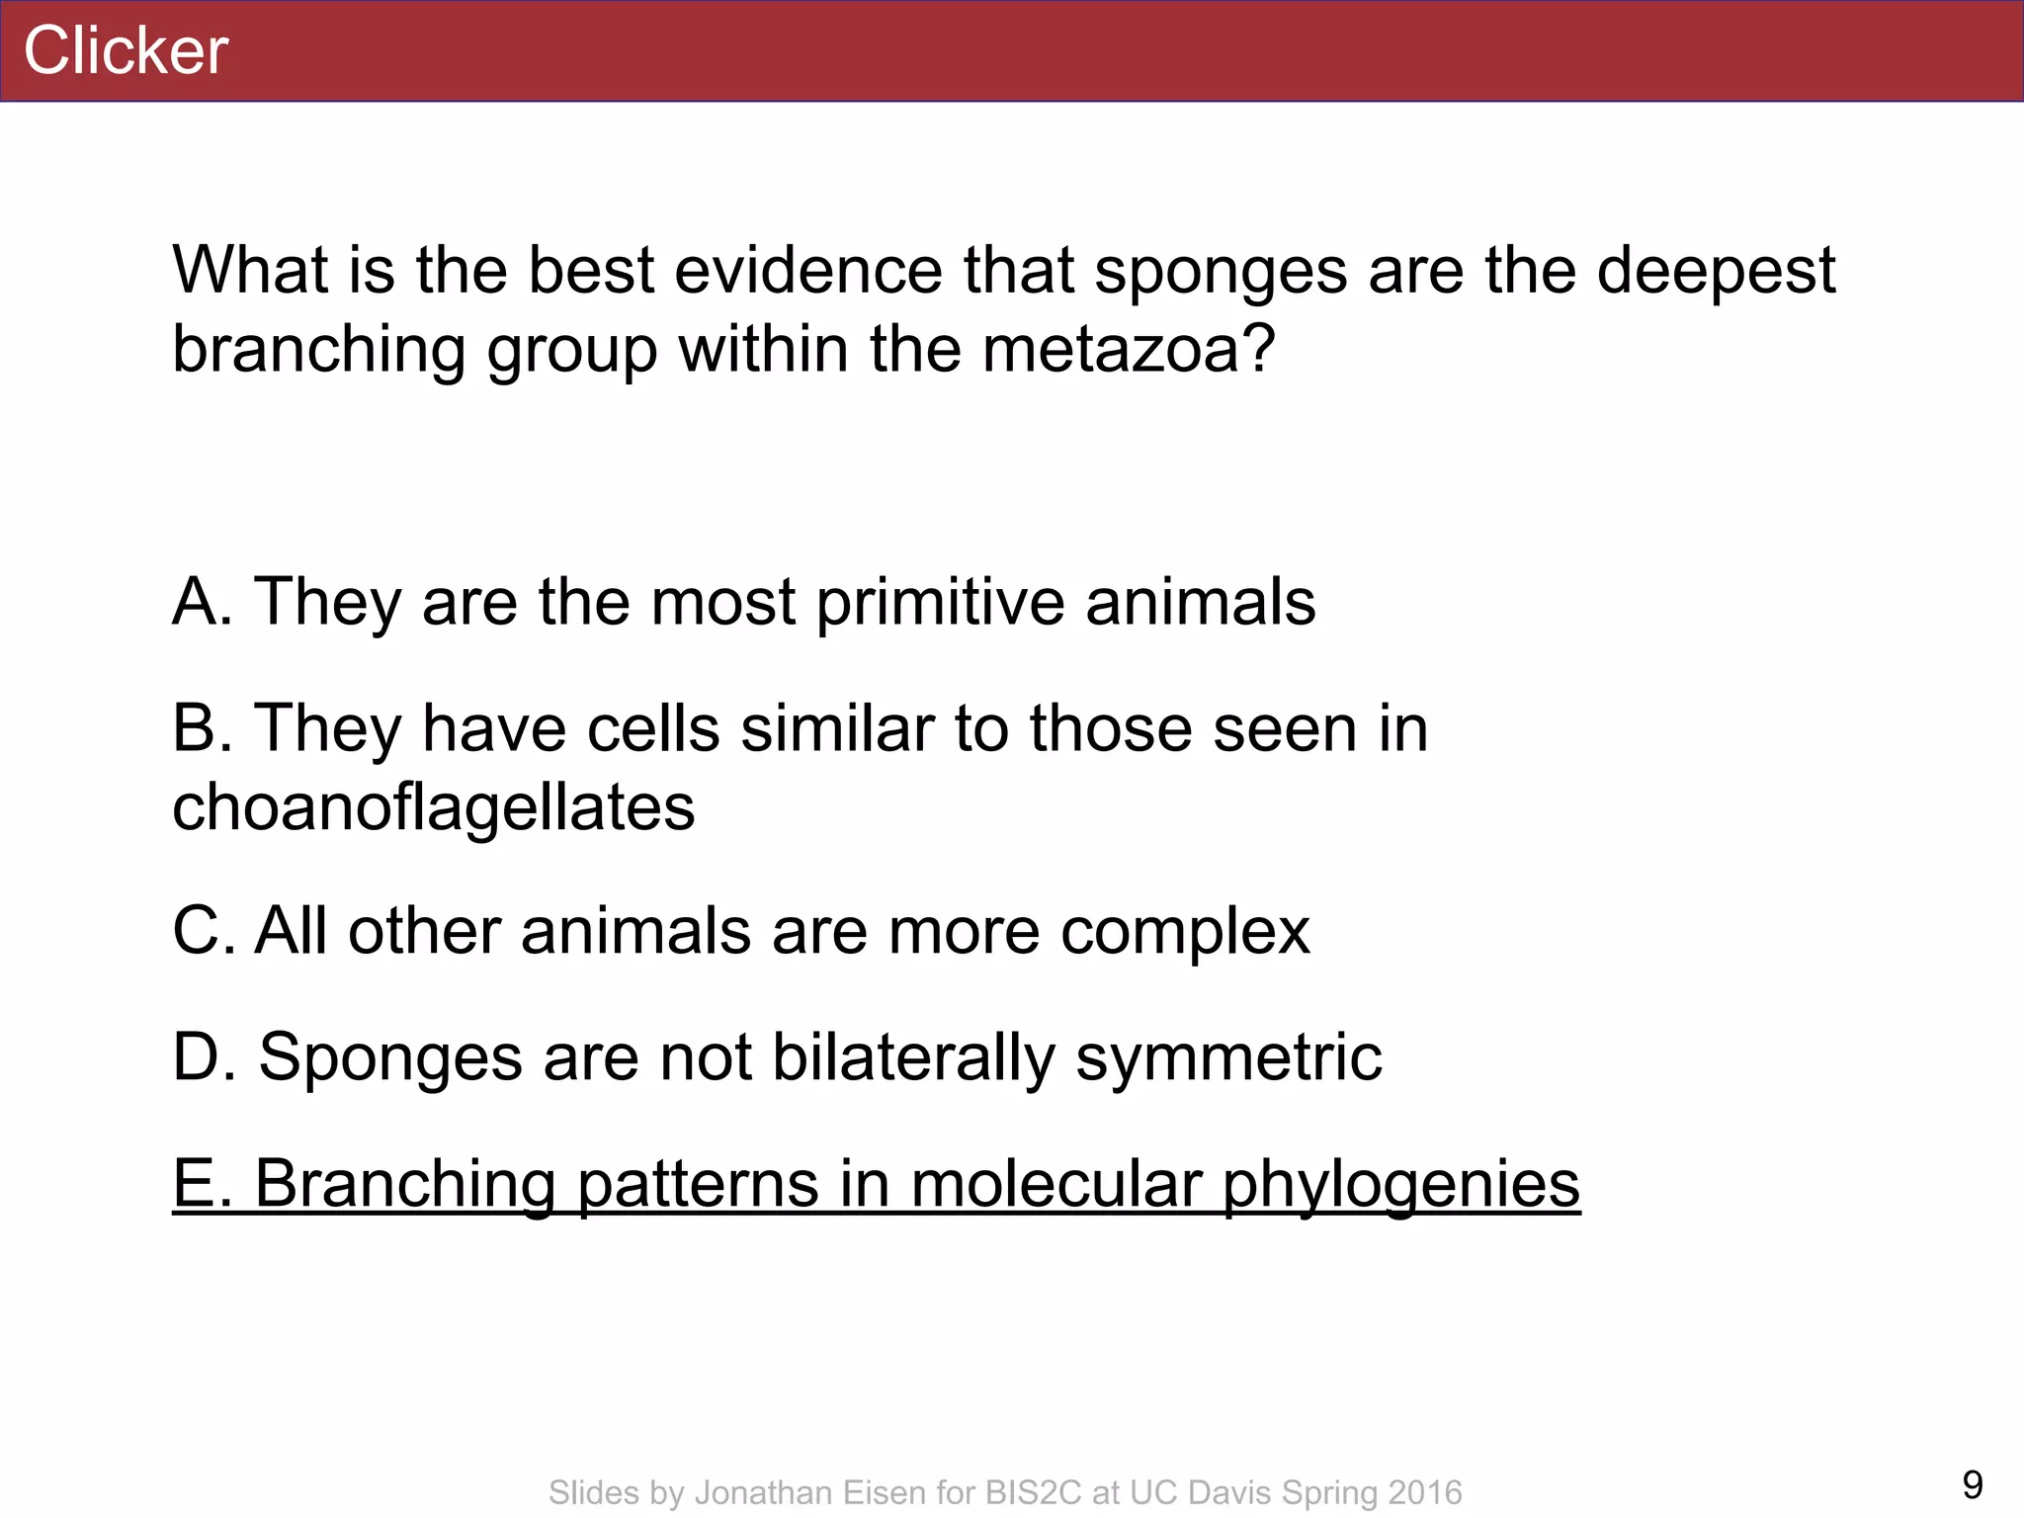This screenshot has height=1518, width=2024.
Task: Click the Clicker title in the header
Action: pyautogui.click(x=126, y=50)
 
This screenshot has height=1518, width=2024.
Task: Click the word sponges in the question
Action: pyautogui.click(x=1221, y=271)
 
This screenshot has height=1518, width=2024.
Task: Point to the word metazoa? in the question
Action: pyautogui.click(x=1129, y=350)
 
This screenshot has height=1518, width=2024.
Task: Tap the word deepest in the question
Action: pyautogui.click(x=1716, y=271)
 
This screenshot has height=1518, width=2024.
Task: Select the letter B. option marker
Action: pyautogui.click(x=202, y=728)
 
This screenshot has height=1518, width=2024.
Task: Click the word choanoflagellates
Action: pyautogui.click(x=433, y=807)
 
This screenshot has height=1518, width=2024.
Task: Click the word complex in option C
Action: pyautogui.click(x=1185, y=933)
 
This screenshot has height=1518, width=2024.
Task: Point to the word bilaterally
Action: pyautogui.click(x=913, y=1058)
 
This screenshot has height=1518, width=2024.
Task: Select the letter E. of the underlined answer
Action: pyautogui.click(x=202, y=1183)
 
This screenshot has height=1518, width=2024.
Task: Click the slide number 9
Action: pyautogui.click(x=1972, y=1484)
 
